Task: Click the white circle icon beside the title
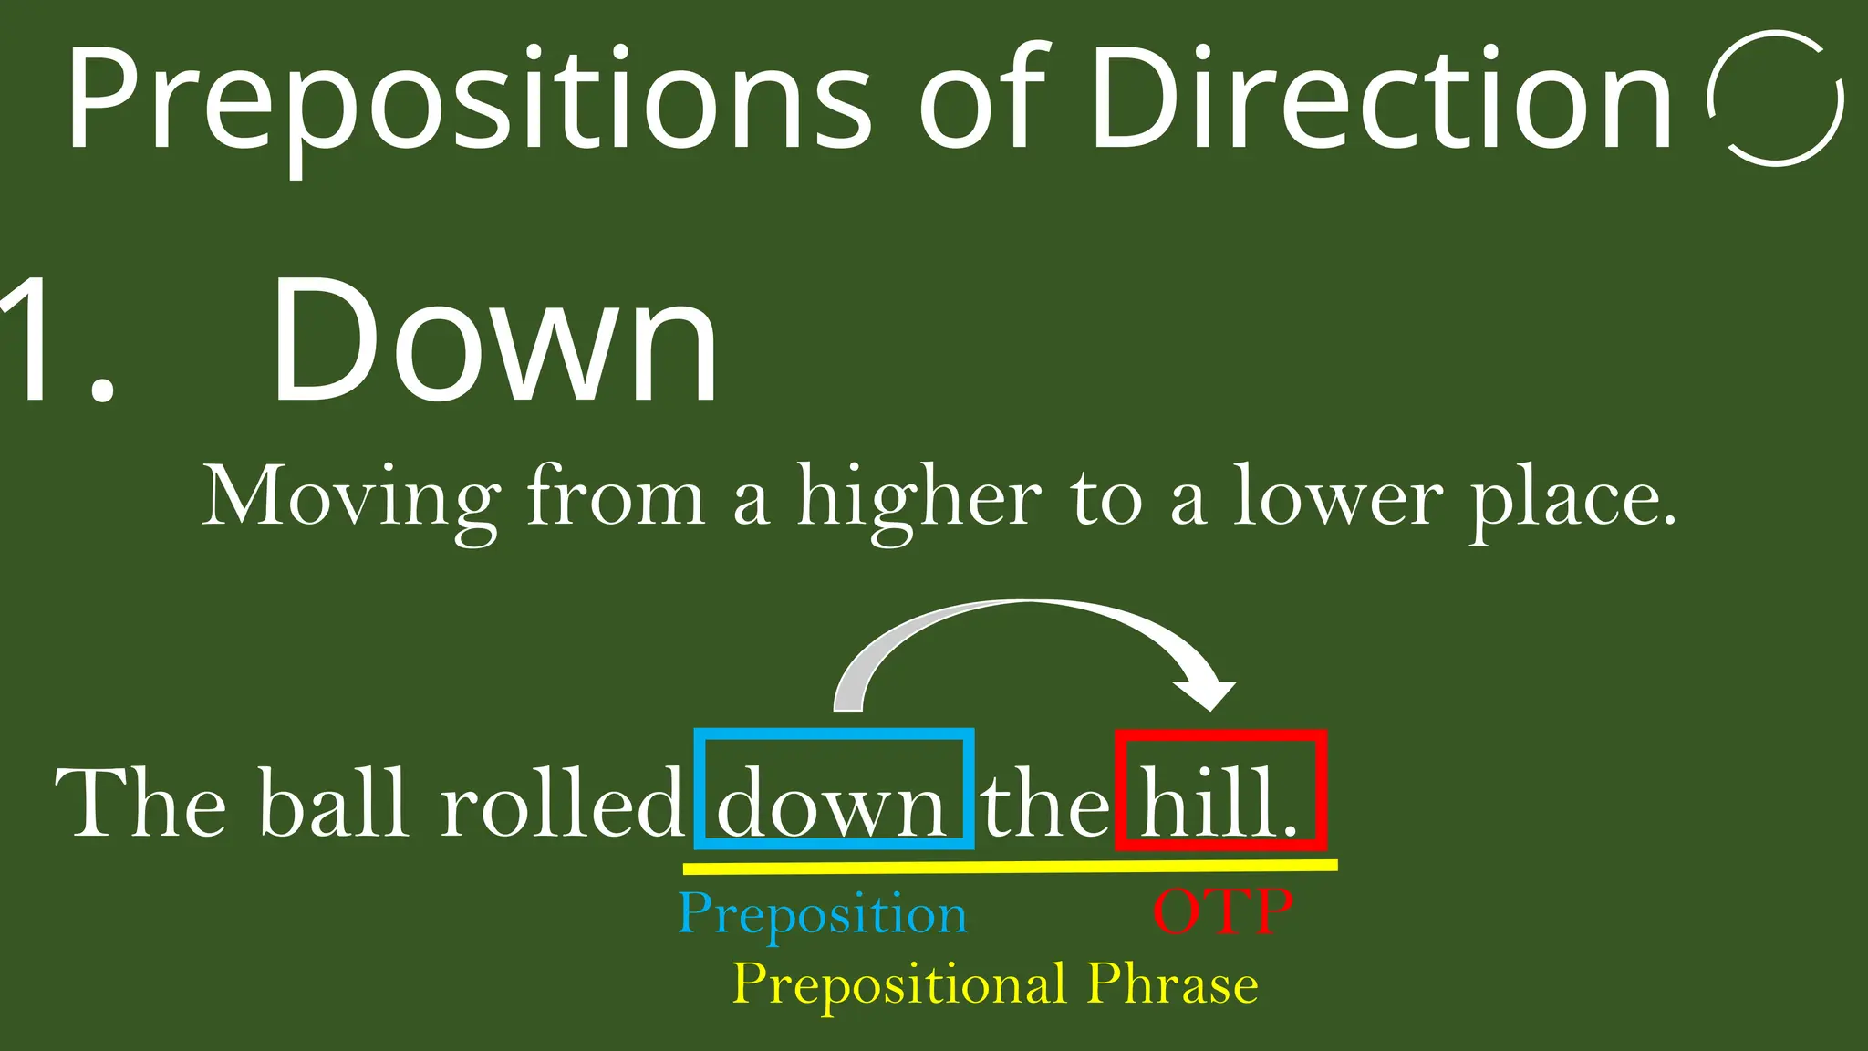click(1775, 99)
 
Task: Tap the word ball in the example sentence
click(333, 803)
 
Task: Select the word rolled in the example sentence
click(561, 803)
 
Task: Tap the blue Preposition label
click(822, 914)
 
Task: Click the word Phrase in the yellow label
click(1173, 985)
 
